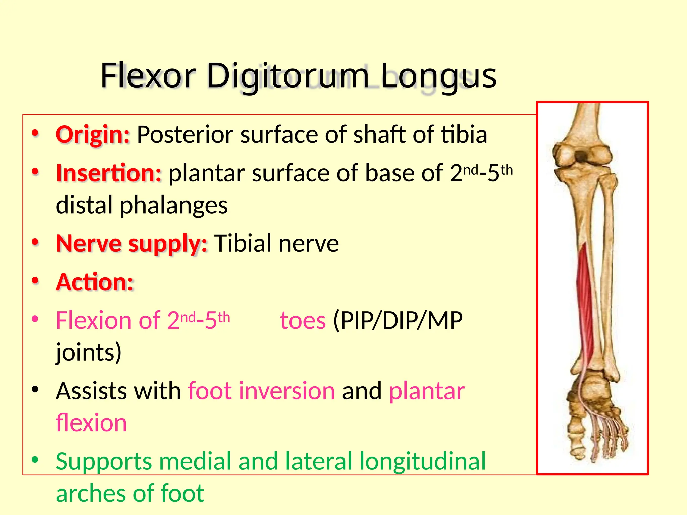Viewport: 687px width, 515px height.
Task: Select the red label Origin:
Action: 93,135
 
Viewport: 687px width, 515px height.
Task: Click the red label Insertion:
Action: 109,173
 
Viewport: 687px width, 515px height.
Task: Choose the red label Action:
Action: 95,282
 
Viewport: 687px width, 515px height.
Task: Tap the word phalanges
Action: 174,205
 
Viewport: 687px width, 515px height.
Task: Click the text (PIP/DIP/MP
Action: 398,321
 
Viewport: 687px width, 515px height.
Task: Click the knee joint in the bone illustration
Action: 582,158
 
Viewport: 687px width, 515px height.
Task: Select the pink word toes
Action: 303,321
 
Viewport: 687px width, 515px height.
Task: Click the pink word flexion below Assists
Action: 91,423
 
